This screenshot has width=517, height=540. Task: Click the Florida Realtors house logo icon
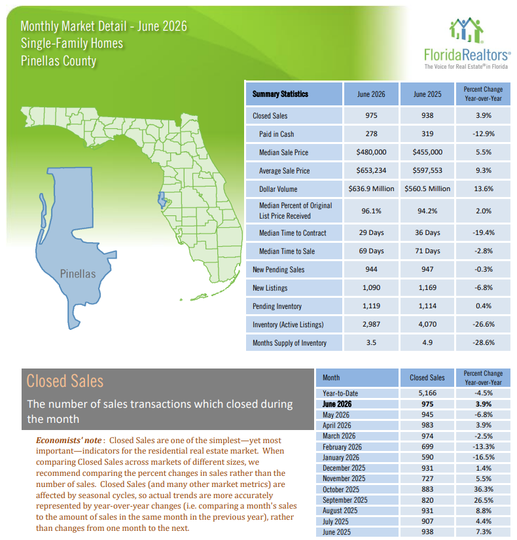(467, 30)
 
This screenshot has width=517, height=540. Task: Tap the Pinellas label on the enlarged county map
(78, 274)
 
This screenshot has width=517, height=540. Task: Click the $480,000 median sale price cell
(371, 152)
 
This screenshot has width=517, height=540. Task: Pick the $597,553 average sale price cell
(427, 170)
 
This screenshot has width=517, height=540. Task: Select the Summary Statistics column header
(280, 94)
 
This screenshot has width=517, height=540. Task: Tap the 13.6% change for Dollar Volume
(483, 189)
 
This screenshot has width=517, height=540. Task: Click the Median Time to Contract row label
(293, 233)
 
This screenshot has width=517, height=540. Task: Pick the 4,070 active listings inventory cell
(427, 324)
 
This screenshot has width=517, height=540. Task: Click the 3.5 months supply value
(371, 342)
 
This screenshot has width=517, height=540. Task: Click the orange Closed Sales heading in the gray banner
(65, 381)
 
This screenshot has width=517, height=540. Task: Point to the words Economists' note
(69, 440)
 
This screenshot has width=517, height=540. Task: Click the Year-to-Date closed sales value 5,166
(427, 393)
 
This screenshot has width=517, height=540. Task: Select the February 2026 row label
(342, 446)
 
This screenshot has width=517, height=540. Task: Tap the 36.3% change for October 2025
(483, 489)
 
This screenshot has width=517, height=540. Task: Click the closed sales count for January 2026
(427, 457)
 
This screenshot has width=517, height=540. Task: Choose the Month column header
(331, 378)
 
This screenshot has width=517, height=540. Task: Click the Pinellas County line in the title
(58, 61)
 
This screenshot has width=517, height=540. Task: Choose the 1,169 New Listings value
(427, 287)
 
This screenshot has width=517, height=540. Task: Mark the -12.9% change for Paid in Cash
(483, 134)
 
